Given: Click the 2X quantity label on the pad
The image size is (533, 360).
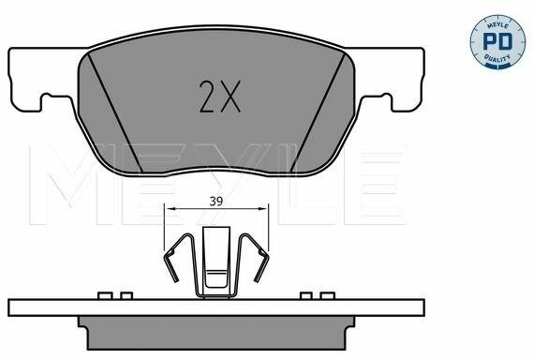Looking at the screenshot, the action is [219, 97].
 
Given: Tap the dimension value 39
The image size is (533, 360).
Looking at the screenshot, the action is [215, 202].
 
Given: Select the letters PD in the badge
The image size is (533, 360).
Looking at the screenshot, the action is [497, 41].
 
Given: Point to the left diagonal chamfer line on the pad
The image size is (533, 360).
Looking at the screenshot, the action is [115, 112].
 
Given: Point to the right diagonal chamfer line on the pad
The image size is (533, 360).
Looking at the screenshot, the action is [318, 112].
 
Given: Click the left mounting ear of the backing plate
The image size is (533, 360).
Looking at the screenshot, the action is [42, 80].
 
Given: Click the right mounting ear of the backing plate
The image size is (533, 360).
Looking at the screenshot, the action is [391, 80].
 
